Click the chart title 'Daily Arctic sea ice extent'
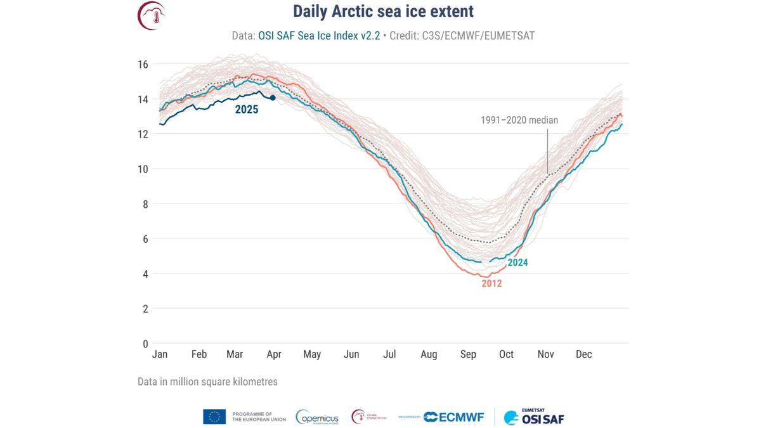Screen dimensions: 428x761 click(x=383, y=12)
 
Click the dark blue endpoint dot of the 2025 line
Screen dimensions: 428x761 click(x=273, y=98)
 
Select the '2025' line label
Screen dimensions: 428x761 click(x=247, y=110)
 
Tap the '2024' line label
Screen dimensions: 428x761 click(x=517, y=262)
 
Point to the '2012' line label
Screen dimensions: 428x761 click(x=491, y=283)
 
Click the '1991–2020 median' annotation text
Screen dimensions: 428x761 click(x=519, y=120)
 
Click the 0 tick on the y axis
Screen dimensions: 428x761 click(x=145, y=344)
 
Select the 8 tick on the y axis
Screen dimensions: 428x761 click(x=145, y=204)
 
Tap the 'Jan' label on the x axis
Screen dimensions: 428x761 click(x=160, y=354)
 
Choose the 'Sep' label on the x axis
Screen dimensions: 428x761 click(x=468, y=354)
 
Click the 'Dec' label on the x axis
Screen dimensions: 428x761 click(x=583, y=354)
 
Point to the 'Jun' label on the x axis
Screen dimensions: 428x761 click(x=351, y=354)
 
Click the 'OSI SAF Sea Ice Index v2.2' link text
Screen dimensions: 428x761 click(x=319, y=36)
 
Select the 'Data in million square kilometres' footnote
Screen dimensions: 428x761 click(x=207, y=382)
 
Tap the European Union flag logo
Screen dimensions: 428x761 click(x=214, y=417)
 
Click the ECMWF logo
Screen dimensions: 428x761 click(x=453, y=417)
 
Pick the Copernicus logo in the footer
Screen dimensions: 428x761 click(x=317, y=417)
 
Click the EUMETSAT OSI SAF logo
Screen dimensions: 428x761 click(x=534, y=417)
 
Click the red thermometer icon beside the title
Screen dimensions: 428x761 click(x=152, y=15)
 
